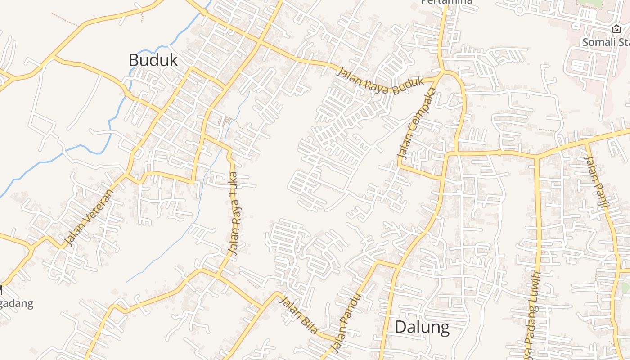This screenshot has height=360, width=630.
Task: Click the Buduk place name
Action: pos(153,60)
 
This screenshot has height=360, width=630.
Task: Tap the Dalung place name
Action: pos(422,327)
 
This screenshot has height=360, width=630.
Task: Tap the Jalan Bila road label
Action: pos(298,314)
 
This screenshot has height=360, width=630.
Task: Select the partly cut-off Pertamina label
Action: pos(447,2)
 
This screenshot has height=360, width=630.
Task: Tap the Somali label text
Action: pos(606,42)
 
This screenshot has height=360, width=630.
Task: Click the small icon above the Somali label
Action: pos(616,29)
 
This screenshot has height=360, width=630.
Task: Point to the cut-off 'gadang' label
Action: pos(17,303)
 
